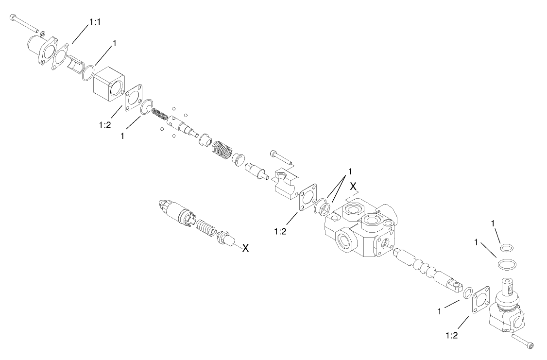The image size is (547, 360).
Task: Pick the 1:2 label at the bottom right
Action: click(451, 334)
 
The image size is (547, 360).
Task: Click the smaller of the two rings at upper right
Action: click(506, 248)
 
